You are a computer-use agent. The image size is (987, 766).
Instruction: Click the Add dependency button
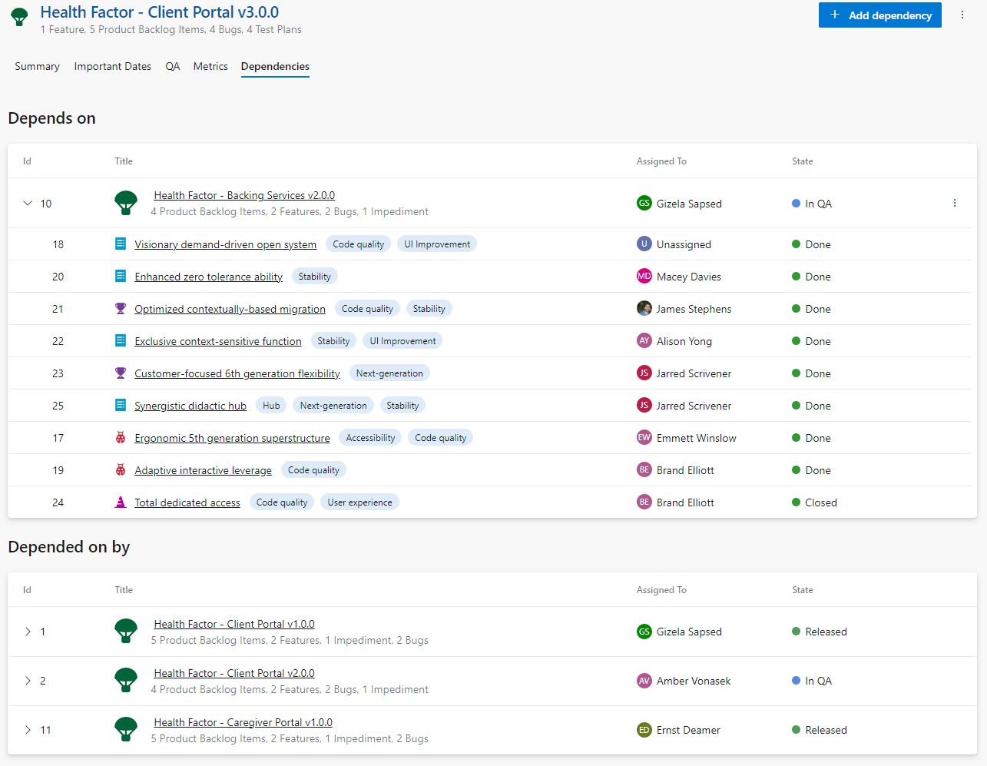(x=879, y=15)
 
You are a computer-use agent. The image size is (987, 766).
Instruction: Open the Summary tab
(x=37, y=67)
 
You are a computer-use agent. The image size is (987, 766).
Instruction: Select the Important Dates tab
(x=112, y=67)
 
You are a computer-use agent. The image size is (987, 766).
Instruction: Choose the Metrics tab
(x=210, y=67)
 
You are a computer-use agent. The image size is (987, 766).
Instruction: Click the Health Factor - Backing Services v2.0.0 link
(x=244, y=196)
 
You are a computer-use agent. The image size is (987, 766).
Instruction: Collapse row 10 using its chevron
(x=28, y=204)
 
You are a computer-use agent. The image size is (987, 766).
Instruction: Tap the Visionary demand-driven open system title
(x=225, y=244)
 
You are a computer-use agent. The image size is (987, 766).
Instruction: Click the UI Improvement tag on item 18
(x=436, y=244)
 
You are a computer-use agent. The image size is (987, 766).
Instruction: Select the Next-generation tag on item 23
(x=389, y=373)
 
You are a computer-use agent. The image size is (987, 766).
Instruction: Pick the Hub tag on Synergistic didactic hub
(x=271, y=406)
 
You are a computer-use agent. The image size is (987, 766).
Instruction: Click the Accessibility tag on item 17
(x=370, y=438)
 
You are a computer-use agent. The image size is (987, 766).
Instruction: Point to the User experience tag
(x=359, y=502)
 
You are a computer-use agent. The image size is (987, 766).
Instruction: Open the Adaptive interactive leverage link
(x=203, y=470)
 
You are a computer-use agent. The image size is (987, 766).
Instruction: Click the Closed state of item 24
(x=820, y=502)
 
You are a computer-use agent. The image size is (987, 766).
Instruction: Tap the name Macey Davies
(x=688, y=277)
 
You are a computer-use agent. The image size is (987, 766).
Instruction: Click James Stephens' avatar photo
(x=644, y=309)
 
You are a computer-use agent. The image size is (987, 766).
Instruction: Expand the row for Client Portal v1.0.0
(x=28, y=632)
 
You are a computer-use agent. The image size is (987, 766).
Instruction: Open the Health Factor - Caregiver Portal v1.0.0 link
(x=243, y=723)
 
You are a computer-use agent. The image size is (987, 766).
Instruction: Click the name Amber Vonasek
(x=693, y=681)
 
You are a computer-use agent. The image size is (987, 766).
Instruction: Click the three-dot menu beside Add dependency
(x=962, y=15)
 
